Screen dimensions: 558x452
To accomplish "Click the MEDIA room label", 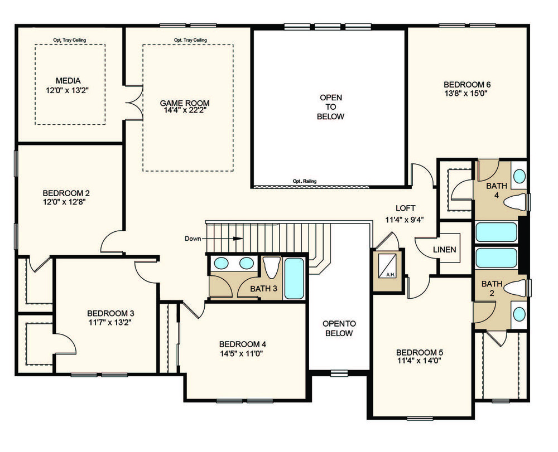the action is coord(68,81).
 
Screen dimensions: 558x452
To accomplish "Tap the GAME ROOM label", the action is coord(184,103).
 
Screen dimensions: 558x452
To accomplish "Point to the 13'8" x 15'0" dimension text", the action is coord(467,94).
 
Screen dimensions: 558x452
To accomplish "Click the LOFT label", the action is coord(405,208).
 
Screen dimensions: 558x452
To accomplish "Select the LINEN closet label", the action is coord(445,250).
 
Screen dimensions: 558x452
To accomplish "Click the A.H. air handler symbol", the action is coord(387,265).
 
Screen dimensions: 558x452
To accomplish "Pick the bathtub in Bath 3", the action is coord(294,278).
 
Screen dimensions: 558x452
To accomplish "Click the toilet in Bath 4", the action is coord(515,202).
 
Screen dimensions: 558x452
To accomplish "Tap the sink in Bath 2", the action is coord(519,314).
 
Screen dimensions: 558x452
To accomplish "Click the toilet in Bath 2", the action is coord(514,287).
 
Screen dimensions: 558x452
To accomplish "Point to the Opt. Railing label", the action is coord(305,181).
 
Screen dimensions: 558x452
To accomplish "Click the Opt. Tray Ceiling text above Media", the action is coord(70,40).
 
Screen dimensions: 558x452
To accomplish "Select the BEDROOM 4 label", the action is coord(242,344).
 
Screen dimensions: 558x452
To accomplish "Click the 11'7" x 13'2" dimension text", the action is coord(110,322).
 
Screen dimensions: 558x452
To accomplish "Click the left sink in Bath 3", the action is coord(222,263).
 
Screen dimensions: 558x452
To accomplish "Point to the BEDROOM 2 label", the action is coord(66,193).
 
